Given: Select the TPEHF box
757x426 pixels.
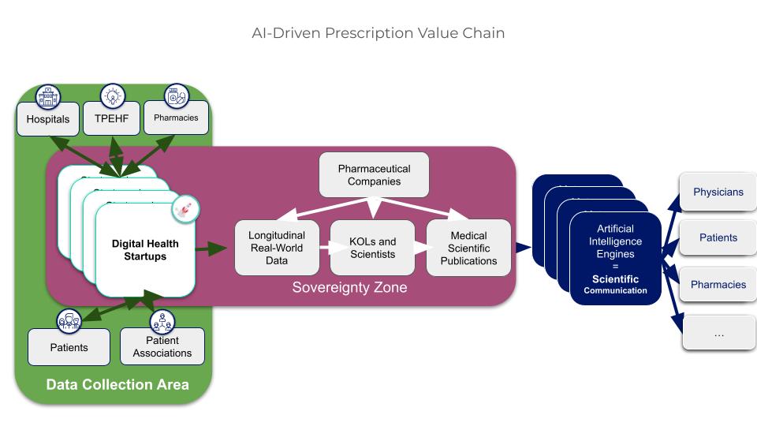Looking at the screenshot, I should pos(111,120).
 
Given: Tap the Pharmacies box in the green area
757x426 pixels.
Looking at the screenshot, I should pos(176,118).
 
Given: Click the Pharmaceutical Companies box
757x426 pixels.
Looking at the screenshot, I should pos(375,175).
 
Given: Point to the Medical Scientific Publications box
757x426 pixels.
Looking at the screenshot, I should pos(468,248).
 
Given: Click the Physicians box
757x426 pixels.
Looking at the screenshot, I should pos(718,192).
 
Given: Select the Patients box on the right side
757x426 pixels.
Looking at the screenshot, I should pos(718,237).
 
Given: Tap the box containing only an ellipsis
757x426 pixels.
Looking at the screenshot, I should pos(718,334).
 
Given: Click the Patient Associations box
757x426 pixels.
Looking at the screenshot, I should pos(162,347).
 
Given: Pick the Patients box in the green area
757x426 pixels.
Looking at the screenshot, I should pos(69,347).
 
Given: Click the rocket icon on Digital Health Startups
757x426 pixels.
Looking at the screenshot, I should pos(186,209).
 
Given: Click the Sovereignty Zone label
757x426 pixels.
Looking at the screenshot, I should pos(349,287).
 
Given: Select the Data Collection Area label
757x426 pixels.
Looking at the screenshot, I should pos(117,385).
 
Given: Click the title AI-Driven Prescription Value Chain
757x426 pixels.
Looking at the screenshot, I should pos(378,33).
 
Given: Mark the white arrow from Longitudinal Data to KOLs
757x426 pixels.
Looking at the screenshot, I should pos(323,248).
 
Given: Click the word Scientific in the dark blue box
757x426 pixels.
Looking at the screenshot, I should pos(615,279).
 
